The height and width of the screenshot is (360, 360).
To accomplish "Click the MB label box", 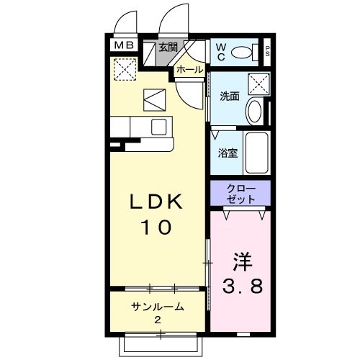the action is [124, 45].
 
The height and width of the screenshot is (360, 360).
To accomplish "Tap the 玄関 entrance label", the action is [168, 47].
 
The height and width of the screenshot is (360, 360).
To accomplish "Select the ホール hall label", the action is [190, 70].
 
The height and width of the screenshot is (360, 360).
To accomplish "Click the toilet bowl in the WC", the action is [241, 52].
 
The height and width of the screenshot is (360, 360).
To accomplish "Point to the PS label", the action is [267, 51].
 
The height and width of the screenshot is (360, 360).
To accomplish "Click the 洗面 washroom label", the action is [230, 96].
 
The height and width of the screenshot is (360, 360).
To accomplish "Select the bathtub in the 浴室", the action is [256, 153].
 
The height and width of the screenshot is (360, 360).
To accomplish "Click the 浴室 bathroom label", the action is [228, 153].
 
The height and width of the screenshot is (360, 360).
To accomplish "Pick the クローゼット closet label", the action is [240, 194].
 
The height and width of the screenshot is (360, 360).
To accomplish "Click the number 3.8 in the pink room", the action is [243, 286].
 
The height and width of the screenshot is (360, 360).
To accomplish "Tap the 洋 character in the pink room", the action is [243, 261].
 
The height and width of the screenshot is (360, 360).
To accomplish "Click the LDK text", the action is [156, 202].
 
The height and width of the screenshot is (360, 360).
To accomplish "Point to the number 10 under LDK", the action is [156, 227].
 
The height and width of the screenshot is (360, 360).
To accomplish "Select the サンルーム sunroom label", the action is [158, 307].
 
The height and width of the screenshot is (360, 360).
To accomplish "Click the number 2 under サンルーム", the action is [158, 320].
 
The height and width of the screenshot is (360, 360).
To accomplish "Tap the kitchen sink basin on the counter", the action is [159, 127].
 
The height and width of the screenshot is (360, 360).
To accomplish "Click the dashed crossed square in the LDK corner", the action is [125, 69].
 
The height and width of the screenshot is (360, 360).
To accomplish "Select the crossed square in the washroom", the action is [258, 84].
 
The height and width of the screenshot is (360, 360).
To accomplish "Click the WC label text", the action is [220, 53].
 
